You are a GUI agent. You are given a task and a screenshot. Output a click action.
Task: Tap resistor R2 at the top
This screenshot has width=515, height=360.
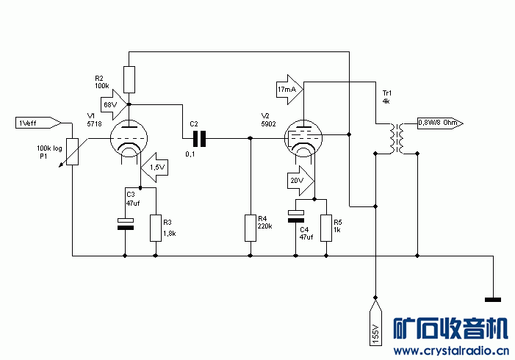click(x=129, y=78)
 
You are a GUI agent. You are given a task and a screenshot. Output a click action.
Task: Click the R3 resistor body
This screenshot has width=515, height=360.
click(x=155, y=227)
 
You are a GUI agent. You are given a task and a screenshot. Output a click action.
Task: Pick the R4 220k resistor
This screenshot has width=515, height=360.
click(x=251, y=227)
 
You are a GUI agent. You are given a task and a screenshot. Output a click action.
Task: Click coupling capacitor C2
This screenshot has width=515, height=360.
click(x=198, y=137)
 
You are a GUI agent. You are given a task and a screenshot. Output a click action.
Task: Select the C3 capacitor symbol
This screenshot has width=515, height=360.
click(x=126, y=223)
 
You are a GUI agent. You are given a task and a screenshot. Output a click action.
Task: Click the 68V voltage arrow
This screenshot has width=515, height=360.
click(x=112, y=104)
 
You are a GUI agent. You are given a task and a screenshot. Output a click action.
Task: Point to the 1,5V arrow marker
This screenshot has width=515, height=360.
click(x=154, y=168)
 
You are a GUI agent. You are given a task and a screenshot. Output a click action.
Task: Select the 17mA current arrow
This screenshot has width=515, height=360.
click(x=289, y=89)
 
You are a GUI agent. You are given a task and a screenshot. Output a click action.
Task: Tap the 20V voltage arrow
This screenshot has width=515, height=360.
click(x=299, y=180)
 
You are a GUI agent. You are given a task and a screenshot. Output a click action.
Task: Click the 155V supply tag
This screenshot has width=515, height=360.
click(x=375, y=323)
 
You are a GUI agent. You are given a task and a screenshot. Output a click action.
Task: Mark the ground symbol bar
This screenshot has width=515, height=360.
click(x=492, y=299)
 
